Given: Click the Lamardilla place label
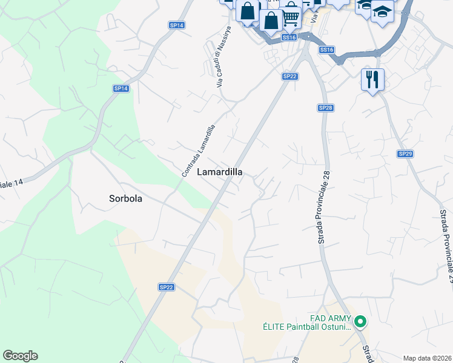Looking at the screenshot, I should coord(220,172).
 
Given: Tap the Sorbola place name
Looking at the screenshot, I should coord(125,198).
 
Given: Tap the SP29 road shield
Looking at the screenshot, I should coord(405,154).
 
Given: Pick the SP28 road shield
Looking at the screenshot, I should coord(325,107).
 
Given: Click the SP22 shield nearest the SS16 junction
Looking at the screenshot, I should coord(290,76).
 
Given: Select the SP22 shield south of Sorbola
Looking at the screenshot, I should coord(167,287).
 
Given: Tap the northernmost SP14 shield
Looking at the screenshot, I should coord(177,25).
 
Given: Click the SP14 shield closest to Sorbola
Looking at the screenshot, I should coord(121,88).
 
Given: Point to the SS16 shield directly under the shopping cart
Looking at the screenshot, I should coord(289,38).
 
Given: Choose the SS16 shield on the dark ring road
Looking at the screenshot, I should coord(326,50).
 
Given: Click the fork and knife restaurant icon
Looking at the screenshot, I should coord(372,79).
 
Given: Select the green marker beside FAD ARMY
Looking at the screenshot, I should coord(360,321).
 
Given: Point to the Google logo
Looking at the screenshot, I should coord(20,356).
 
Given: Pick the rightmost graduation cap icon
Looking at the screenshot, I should coord(382,11).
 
